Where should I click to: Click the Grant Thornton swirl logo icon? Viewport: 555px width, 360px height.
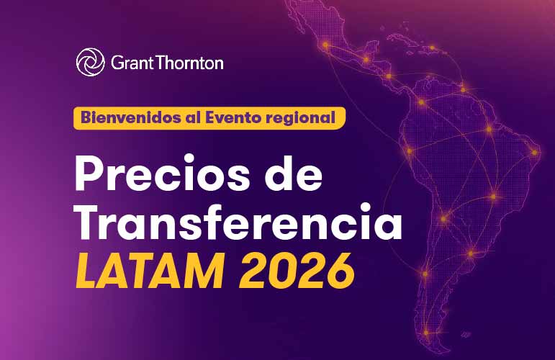pos(91,63)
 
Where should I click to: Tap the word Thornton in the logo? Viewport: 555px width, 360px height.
pos(189,63)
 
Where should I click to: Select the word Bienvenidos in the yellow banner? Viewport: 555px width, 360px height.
pos(131,117)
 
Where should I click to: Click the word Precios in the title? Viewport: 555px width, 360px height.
pos(163,173)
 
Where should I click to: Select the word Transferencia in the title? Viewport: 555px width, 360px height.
pos(238,222)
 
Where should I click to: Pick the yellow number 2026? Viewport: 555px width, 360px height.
pos(297,271)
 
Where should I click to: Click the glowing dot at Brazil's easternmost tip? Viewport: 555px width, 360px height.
pos(534,153)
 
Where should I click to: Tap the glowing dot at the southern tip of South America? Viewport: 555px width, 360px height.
pos(426,333)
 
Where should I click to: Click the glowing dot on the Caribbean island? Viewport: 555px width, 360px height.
pos(432,48)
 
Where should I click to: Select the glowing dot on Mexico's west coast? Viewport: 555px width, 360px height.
pos(325,45)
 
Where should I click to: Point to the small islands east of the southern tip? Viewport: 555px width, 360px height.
pos(466,334)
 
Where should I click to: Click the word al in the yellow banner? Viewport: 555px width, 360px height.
pos(193,117)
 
